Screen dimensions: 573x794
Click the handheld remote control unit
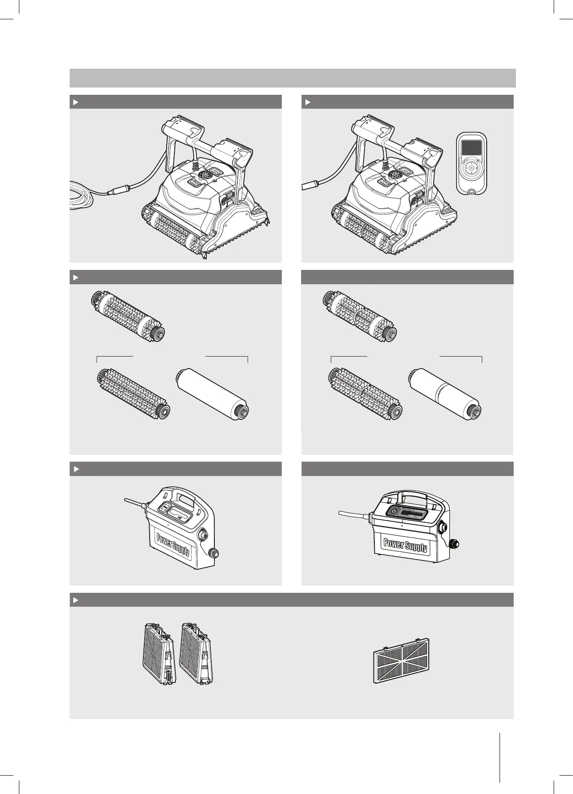point(471,163)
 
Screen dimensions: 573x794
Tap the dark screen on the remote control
point(471,148)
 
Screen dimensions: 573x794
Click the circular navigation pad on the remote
point(471,168)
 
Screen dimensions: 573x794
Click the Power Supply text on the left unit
point(173,544)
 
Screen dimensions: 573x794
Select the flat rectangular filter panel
point(402,661)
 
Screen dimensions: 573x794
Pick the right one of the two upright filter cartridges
point(196,653)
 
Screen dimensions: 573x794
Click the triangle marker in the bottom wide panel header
point(76,600)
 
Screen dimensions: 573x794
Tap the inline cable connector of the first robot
point(119,191)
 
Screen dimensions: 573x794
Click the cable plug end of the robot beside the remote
point(310,185)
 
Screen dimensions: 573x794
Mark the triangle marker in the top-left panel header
point(76,102)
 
